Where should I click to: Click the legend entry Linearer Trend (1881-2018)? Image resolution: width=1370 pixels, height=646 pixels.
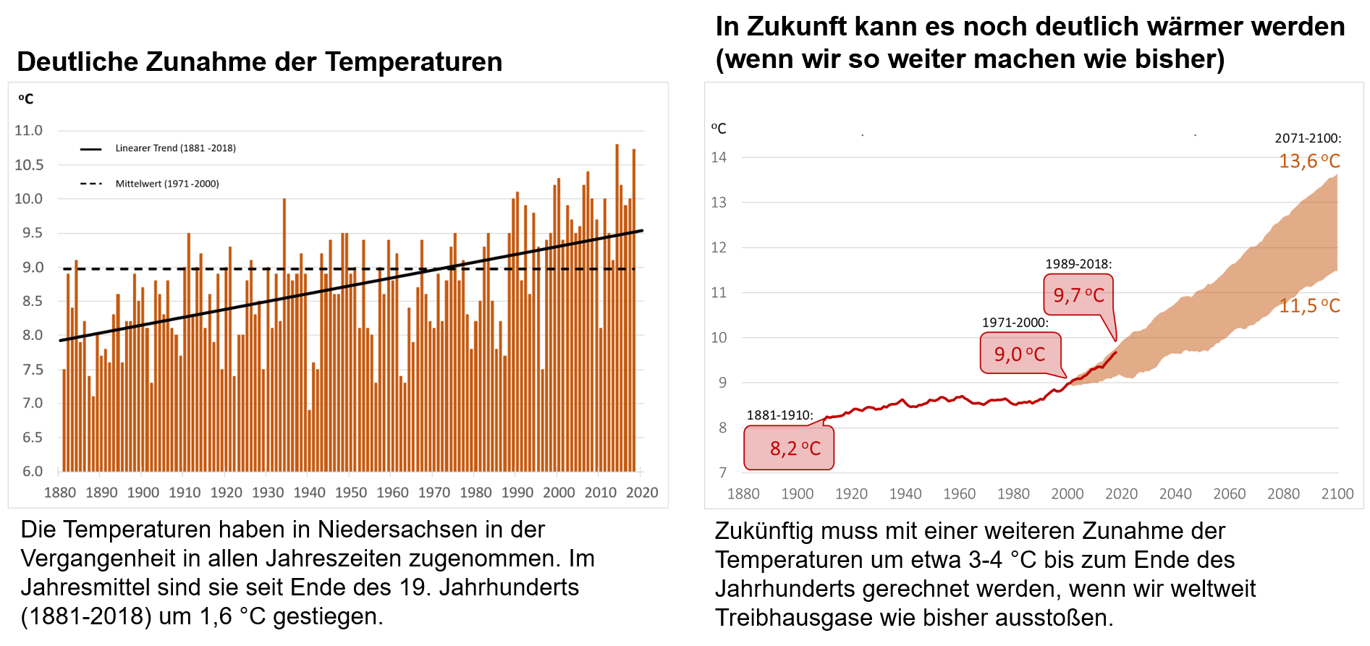(x=175, y=148)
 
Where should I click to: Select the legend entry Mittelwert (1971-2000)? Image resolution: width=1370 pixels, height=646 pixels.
(x=166, y=184)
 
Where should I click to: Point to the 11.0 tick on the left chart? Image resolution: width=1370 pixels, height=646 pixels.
(x=29, y=131)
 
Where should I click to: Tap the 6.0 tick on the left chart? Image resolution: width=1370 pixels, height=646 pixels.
(x=29, y=472)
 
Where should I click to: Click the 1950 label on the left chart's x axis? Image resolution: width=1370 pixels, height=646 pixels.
(x=351, y=493)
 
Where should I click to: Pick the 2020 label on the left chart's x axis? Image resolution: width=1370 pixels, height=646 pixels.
(x=642, y=493)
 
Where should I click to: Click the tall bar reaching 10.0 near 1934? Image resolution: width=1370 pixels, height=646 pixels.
(x=284, y=289)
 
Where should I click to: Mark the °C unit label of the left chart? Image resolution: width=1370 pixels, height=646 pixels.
(x=26, y=99)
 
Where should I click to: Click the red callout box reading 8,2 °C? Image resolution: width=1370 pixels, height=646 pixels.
(x=789, y=449)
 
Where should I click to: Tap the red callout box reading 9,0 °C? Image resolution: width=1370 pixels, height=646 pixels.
(x=1020, y=354)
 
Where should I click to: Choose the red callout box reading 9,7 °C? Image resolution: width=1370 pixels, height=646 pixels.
(x=1078, y=295)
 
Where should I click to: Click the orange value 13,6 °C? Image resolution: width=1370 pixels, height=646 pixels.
(x=1309, y=161)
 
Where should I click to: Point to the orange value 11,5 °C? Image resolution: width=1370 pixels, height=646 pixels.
(x=1309, y=306)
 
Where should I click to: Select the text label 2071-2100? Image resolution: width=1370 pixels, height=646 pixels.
(x=1308, y=138)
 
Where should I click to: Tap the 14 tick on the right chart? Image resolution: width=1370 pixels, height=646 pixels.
(x=719, y=158)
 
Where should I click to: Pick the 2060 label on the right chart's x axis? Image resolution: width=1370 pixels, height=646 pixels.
(x=1229, y=494)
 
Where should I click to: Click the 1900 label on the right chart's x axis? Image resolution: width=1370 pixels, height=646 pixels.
(x=797, y=494)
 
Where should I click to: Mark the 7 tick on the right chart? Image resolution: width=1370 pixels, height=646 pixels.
(x=722, y=473)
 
